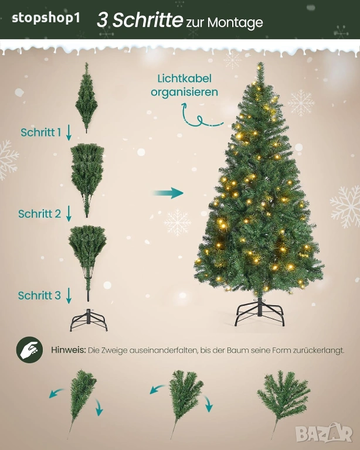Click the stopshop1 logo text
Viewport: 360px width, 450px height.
click(x=46, y=19)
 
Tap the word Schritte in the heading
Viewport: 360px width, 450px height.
click(x=148, y=20)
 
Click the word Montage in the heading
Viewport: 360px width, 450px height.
click(x=235, y=23)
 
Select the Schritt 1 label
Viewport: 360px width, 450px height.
click(x=41, y=132)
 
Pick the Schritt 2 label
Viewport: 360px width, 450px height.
click(x=40, y=214)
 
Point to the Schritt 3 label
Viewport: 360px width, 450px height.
click(x=39, y=295)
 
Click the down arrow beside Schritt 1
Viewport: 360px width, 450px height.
click(x=69, y=132)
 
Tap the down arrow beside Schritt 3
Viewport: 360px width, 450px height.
click(x=69, y=295)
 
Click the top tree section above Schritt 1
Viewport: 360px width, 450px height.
click(x=86, y=98)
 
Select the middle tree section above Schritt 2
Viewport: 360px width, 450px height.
click(x=87, y=180)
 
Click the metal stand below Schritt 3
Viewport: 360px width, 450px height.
click(x=89, y=320)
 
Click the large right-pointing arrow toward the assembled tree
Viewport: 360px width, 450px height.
click(x=168, y=193)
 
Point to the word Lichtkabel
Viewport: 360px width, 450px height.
click(x=185, y=79)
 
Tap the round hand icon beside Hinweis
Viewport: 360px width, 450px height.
click(x=29, y=350)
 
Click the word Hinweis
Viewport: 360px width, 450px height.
click(x=69, y=350)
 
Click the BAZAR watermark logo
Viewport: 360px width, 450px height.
click(x=324, y=433)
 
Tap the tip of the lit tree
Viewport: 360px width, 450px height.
click(x=260, y=63)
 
